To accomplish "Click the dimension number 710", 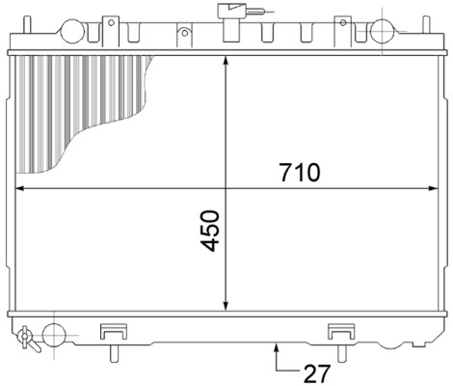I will [x=299, y=173].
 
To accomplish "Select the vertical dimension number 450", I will [x=212, y=231].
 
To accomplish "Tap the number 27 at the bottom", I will [x=317, y=371].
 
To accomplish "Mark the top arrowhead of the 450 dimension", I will [x=225, y=61].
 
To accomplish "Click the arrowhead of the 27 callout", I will [x=278, y=346].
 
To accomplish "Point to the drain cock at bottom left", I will [x=26, y=337].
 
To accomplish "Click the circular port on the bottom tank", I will [x=54, y=335].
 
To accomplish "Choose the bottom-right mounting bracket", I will [x=341, y=330].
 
